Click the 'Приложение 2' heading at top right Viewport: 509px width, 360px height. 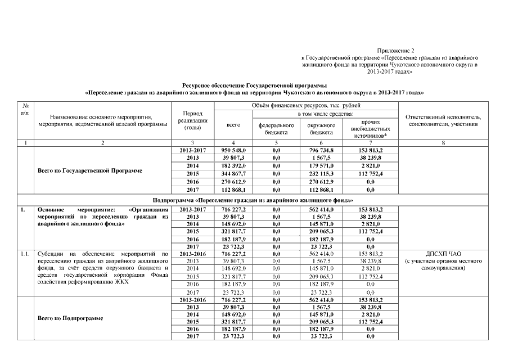pos(395,51)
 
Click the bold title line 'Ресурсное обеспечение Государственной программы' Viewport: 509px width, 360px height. pos(254,84)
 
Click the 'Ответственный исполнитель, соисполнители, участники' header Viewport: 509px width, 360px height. pos(443,120)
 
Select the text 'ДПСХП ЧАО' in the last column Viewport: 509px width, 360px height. pos(443,254)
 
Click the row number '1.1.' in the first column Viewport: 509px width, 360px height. pos(25,254)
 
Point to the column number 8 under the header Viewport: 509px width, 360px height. pos(443,143)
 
